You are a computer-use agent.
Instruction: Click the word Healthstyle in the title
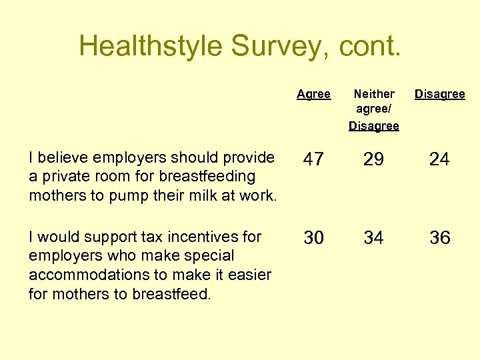coord(151,46)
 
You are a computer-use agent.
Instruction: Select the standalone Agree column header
coord(313,94)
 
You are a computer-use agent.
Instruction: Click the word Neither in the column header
coord(374,94)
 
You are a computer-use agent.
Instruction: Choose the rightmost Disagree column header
coord(440,94)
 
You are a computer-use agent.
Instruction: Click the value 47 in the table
coord(313,159)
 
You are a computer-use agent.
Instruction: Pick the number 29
coord(374,159)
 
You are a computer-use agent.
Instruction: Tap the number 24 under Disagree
coord(440,159)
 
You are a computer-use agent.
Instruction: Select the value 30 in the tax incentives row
coord(313,238)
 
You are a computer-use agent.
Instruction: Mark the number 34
coord(374,238)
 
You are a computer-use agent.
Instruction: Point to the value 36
coord(440,238)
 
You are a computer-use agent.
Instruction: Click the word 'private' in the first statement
coord(63,177)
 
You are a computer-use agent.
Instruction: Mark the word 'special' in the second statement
coord(199,256)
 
